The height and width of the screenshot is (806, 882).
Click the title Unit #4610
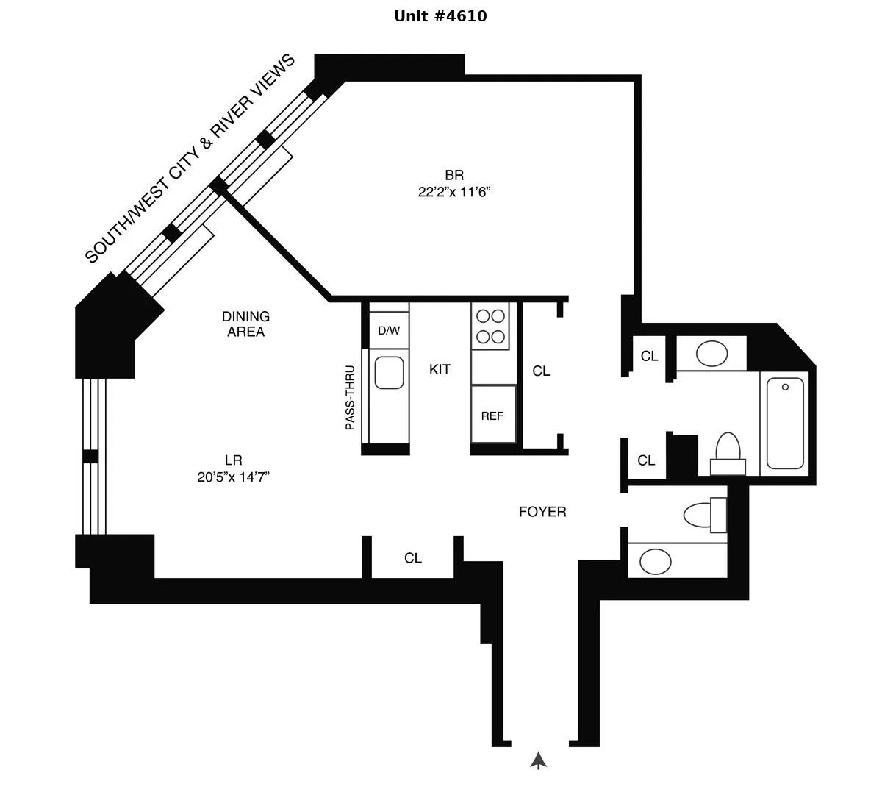click(x=440, y=16)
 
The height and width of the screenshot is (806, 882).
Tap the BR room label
click(x=454, y=175)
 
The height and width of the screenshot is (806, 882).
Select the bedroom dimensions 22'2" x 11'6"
click(x=454, y=193)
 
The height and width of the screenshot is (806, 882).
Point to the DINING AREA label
click(x=245, y=324)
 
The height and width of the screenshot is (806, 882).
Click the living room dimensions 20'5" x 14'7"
click(x=233, y=477)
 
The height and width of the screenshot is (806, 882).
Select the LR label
click(x=233, y=460)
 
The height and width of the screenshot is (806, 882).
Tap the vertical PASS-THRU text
click(x=350, y=398)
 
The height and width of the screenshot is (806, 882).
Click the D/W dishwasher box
click(x=389, y=331)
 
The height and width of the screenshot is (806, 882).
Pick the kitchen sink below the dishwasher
click(x=389, y=373)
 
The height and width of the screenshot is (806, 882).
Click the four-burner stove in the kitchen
click(x=490, y=327)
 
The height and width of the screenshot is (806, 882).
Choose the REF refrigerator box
click(x=492, y=416)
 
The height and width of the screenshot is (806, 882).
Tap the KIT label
click(x=440, y=370)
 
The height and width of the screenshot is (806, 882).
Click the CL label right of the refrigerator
click(x=541, y=371)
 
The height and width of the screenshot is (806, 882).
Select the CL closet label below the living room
click(x=413, y=559)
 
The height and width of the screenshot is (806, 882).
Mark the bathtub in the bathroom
click(x=785, y=422)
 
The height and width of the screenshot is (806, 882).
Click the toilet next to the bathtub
click(x=728, y=450)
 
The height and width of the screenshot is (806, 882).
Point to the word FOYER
click(x=542, y=512)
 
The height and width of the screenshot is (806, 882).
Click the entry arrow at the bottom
click(x=539, y=760)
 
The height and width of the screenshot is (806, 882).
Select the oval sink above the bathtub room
click(x=711, y=354)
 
